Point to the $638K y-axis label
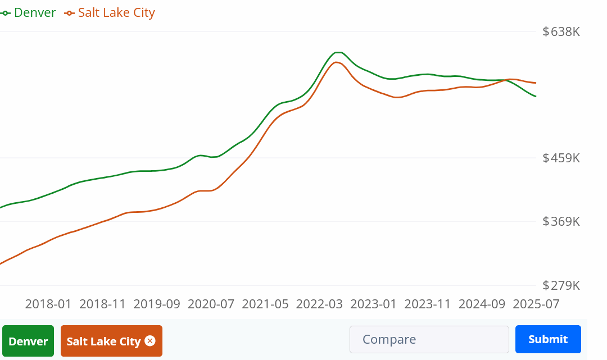(x=561, y=31)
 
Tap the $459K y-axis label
(x=561, y=158)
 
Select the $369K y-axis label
(x=561, y=221)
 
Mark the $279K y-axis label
(x=561, y=285)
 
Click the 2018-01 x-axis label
(x=48, y=304)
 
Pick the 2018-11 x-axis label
(x=102, y=304)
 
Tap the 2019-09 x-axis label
(x=157, y=304)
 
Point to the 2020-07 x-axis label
(x=211, y=304)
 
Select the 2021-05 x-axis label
(x=265, y=304)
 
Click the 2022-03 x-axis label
(x=319, y=304)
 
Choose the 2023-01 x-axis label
(x=373, y=304)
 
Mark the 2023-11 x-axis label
(x=428, y=304)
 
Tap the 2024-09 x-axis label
(x=482, y=304)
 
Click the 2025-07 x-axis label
(x=536, y=304)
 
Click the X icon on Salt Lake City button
(x=150, y=341)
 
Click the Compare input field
(x=429, y=340)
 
